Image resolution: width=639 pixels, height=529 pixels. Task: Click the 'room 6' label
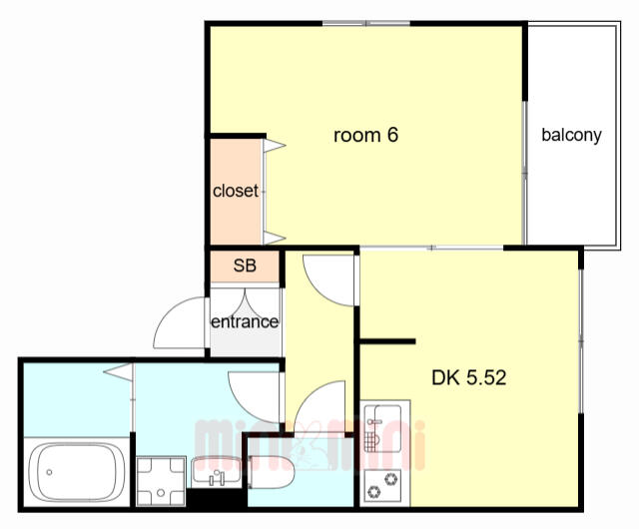365,135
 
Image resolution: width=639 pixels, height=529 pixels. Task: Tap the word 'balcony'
571,135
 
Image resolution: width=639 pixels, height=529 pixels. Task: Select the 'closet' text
236,191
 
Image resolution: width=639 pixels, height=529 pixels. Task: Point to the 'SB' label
245,265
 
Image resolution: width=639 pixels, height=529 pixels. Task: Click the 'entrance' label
245,322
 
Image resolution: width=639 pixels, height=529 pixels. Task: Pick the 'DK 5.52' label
468,378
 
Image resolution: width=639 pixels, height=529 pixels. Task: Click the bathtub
77,472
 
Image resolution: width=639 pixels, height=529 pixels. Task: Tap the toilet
271,472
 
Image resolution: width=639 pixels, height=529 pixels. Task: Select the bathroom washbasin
217,472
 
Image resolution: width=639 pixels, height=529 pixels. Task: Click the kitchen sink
382,428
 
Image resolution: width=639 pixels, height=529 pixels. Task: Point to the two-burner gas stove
382,485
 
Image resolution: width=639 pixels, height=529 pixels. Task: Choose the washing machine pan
161,481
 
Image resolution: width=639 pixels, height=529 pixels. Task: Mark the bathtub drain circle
49,472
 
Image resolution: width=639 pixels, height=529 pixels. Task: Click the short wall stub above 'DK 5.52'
387,341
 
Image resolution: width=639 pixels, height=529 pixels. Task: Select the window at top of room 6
366,23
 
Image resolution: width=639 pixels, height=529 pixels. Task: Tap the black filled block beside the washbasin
217,498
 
